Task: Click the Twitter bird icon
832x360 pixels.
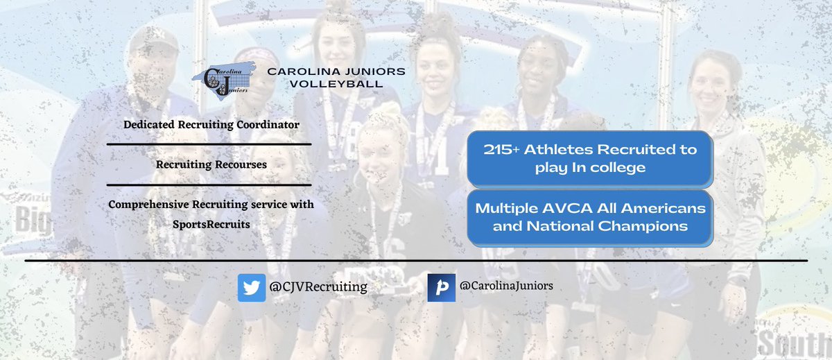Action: click(252, 288)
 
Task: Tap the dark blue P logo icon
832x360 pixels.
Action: click(441, 288)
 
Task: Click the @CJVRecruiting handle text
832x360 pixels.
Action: click(318, 287)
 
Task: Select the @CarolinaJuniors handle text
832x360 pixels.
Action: click(506, 285)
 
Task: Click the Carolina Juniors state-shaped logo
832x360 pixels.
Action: click(224, 80)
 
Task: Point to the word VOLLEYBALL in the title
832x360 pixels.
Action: click(336, 84)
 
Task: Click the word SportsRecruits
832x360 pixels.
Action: click(211, 225)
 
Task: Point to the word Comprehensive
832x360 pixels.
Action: click(148, 205)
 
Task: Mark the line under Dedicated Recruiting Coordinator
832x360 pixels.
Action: click(209, 144)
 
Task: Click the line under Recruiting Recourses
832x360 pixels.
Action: click(209, 185)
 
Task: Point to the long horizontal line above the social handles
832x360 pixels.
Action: click(417, 261)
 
